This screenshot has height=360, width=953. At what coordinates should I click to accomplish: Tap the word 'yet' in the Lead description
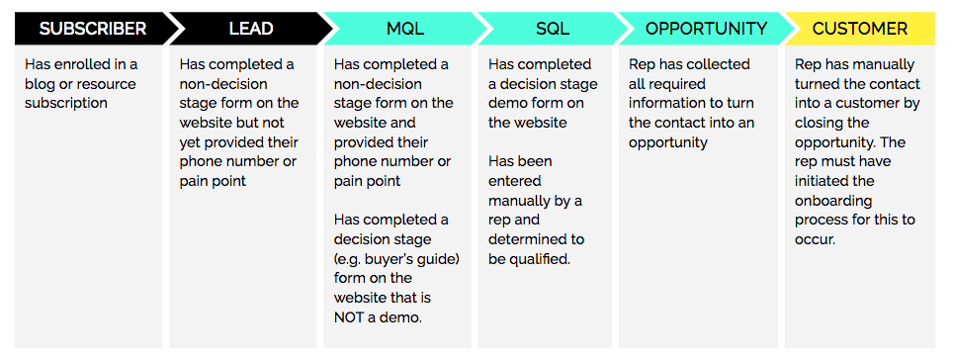[192, 161]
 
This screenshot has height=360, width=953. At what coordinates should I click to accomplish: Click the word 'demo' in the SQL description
[510, 103]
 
